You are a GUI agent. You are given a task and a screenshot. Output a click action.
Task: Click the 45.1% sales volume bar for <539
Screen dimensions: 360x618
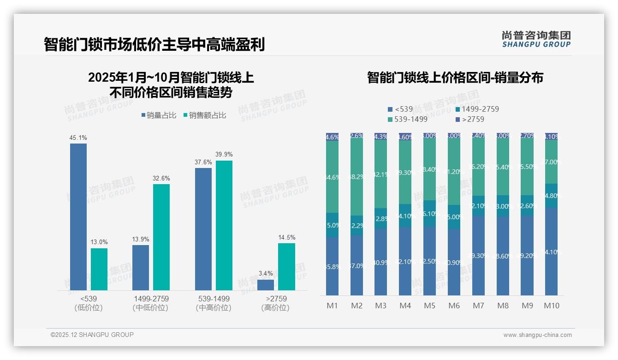click(x=78, y=216)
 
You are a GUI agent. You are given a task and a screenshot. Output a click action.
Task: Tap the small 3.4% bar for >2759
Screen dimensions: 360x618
click(x=266, y=285)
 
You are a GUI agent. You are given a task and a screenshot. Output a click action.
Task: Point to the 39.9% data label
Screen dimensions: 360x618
click(x=224, y=154)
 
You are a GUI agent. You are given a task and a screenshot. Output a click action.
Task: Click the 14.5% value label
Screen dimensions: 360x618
click(x=286, y=237)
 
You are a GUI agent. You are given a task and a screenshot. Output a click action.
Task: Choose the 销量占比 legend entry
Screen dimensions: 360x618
click(x=159, y=115)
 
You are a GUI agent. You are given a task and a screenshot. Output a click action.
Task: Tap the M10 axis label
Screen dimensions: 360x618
click(x=551, y=306)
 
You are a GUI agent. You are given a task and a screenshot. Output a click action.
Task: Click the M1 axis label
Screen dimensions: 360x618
click(x=332, y=306)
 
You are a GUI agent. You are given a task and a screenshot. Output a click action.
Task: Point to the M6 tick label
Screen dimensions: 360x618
click(x=454, y=306)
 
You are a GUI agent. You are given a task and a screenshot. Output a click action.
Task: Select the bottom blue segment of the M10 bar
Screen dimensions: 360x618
click(x=551, y=252)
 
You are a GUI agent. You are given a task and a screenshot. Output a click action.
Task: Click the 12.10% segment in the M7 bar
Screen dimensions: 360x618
click(x=478, y=206)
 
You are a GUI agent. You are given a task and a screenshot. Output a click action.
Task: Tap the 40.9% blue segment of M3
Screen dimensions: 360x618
click(x=380, y=262)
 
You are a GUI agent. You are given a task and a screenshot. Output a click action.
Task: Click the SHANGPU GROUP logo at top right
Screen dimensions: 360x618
click(x=536, y=39)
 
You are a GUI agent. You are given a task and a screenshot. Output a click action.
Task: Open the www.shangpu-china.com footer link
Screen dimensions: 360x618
click(x=537, y=335)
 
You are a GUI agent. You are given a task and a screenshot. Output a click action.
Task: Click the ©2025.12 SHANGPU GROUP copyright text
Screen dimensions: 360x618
click(x=92, y=335)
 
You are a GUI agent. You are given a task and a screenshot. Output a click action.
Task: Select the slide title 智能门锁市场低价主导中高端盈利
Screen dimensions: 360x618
click(x=154, y=45)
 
